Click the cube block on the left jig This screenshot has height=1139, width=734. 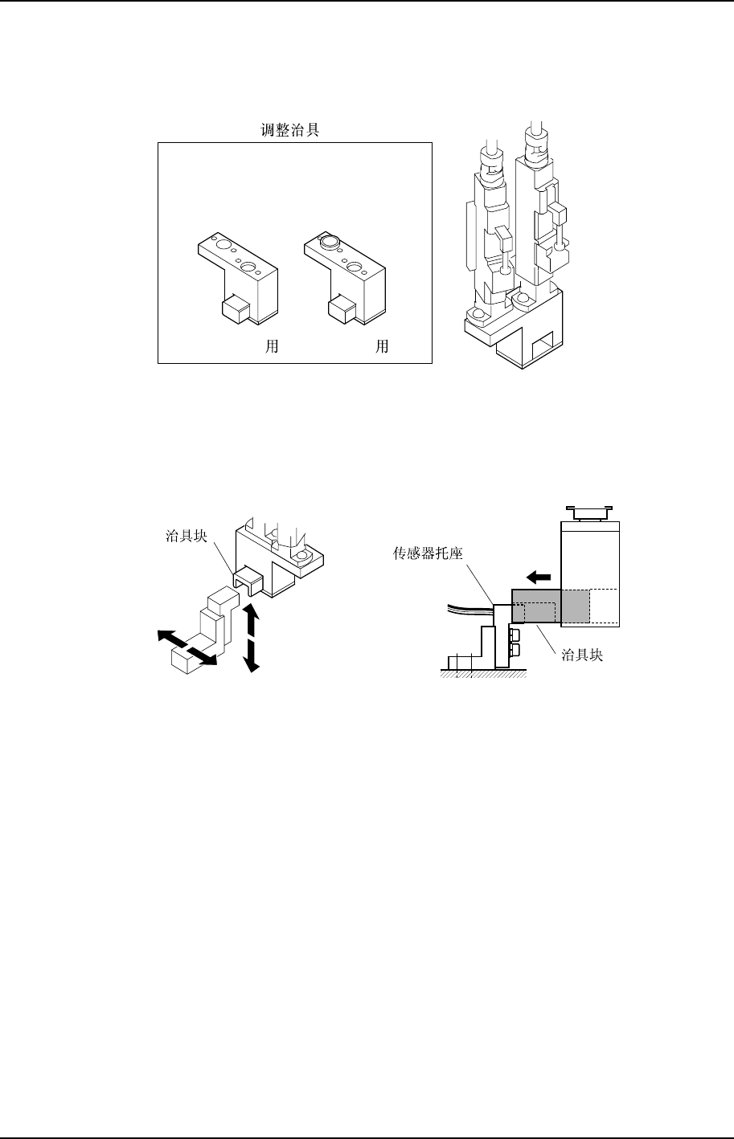pyautogui.click(x=233, y=306)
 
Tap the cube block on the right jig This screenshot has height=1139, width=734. pyautogui.click(x=341, y=306)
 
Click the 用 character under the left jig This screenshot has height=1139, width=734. pyautogui.click(x=273, y=347)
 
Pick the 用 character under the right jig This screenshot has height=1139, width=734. pyautogui.click(x=383, y=347)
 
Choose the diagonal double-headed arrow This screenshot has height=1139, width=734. pyautogui.click(x=188, y=649)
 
